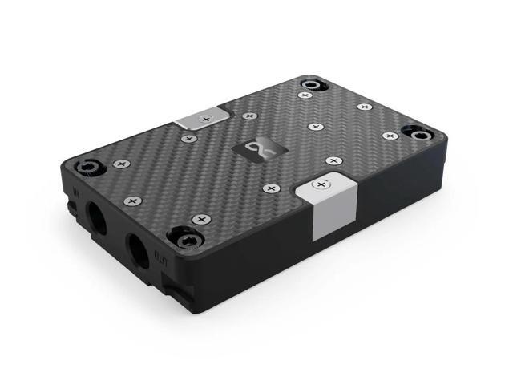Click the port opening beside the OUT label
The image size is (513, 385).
tap(136, 255)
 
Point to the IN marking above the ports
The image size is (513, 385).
tap(75, 192)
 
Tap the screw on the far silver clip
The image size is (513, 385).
tap(206, 118)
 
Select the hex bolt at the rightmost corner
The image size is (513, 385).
tap(418, 132)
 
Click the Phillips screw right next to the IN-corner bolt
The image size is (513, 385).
tap(120, 164)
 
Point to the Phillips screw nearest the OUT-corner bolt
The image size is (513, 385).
tap(200, 218)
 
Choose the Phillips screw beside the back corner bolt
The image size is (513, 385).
tap(305, 95)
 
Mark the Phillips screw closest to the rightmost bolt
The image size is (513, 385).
tap(390, 136)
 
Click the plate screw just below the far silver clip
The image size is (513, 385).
tap(189, 139)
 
